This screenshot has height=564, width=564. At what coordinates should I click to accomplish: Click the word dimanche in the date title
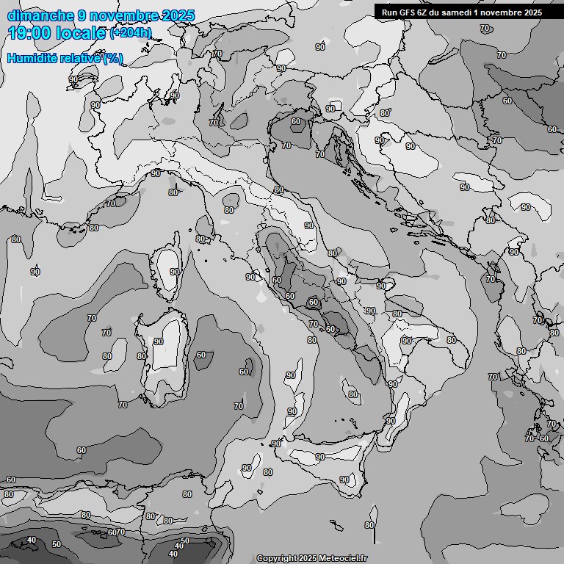click(x=36, y=15)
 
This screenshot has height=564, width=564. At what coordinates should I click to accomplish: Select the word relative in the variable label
click(x=83, y=58)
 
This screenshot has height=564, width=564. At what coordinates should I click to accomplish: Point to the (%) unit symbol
click(x=113, y=58)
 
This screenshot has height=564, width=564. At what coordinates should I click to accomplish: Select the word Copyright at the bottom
click(x=277, y=558)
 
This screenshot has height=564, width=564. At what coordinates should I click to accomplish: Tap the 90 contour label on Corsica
click(x=174, y=272)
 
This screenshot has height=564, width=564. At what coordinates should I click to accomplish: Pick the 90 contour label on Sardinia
click(x=158, y=342)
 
